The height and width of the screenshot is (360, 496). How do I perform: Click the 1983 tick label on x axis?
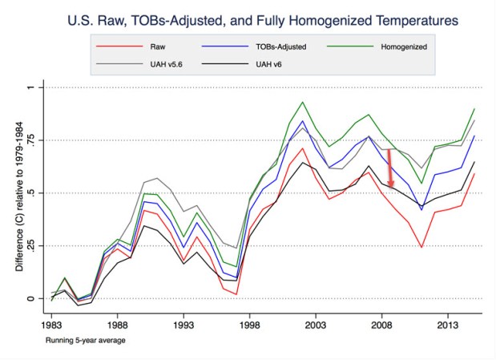[52, 326]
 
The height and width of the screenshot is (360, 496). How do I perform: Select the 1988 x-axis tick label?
[118, 326]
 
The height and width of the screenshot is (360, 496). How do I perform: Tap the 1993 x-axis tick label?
[183, 326]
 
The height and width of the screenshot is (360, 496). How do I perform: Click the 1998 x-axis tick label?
[250, 326]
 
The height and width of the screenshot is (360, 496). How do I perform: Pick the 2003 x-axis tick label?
[316, 326]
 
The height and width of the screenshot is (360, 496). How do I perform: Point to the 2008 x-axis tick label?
[382, 326]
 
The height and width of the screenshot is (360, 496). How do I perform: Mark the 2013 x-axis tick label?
[448, 326]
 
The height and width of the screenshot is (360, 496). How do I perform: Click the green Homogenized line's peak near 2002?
[303, 102]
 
